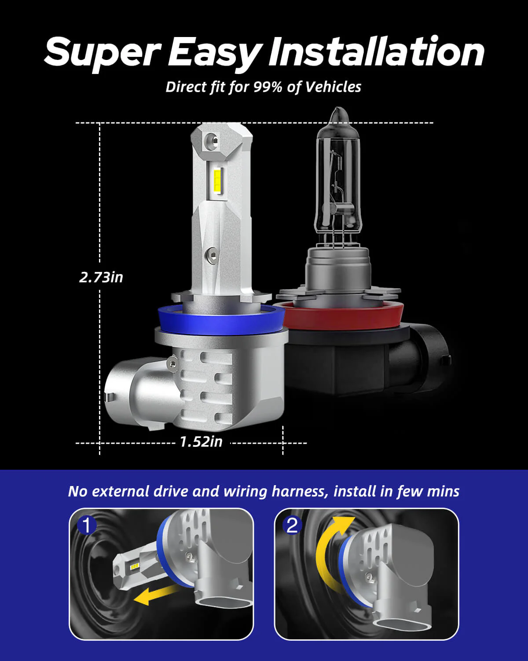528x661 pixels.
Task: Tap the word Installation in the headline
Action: [376, 52]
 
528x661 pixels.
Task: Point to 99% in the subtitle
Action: [267, 87]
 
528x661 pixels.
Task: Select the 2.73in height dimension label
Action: [101, 277]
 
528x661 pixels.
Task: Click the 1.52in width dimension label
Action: [201, 441]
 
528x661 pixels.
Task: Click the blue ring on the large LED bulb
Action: [220, 322]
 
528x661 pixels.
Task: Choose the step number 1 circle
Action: [87, 525]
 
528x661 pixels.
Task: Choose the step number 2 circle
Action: [292, 525]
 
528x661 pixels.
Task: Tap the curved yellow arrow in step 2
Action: [330, 551]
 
